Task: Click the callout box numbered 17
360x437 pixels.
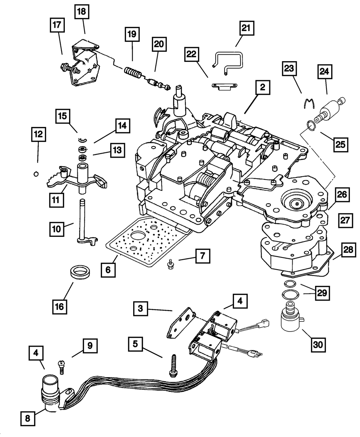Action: tap(58, 26)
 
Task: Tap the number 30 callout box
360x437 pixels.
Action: tap(317, 344)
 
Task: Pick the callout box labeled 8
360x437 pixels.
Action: tap(28, 419)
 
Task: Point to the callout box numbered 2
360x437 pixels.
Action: tap(263, 87)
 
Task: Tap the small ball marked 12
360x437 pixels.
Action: tap(36, 174)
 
